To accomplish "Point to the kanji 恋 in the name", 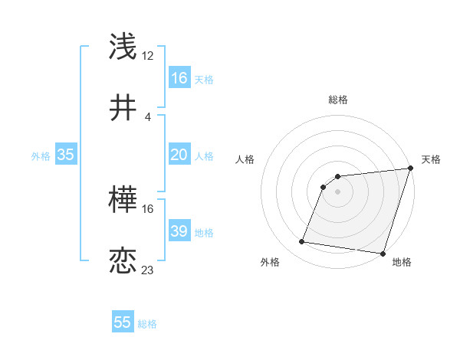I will click(124, 260).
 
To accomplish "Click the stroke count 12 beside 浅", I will click(148, 55).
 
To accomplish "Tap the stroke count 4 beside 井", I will click(147, 116).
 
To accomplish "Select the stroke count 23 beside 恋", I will click(148, 270).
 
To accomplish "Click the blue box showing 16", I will click(179, 77).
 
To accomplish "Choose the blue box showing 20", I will click(179, 155).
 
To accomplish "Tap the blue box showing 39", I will click(179, 231).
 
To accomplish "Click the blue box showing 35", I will click(66, 155).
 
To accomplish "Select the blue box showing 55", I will click(123, 322).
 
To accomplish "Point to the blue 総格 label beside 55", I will click(147, 324).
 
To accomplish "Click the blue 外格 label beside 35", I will click(40, 156).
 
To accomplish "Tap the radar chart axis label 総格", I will click(338, 100).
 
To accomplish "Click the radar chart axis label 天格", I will click(431, 159).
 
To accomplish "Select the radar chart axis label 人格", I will click(245, 159).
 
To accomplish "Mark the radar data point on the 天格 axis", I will click(411, 169).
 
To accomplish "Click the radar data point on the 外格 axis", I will click(302, 242).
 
